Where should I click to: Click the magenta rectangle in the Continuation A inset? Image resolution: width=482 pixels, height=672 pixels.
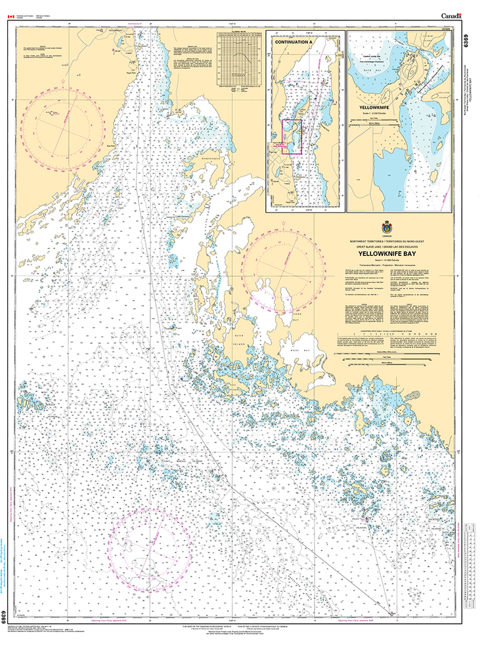click(x=292, y=136)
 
